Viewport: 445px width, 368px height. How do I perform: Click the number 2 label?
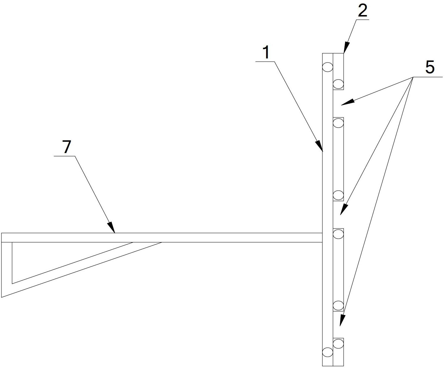(x=363, y=11)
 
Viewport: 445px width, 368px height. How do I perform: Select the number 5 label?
(x=430, y=67)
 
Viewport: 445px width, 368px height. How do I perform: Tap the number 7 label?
(x=67, y=147)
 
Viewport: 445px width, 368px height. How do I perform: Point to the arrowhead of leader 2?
(x=346, y=48)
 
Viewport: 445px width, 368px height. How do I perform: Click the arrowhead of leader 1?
(x=320, y=146)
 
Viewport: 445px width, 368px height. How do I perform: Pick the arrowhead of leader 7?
(x=112, y=227)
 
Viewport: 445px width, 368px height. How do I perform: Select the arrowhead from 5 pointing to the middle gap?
(x=344, y=209)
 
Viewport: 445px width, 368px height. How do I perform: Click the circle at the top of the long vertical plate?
(x=327, y=67)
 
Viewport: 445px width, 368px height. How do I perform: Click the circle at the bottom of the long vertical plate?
(x=327, y=352)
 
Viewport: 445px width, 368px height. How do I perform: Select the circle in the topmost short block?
(x=338, y=84)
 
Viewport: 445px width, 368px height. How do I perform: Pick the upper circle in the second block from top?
(x=338, y=123)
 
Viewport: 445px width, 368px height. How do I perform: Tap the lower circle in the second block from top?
(x=338, y=195)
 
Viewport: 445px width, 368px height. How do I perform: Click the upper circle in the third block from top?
(x=338, y=234)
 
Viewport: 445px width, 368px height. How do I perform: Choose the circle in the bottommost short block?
(x=338, y=344)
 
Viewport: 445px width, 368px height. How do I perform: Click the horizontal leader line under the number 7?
(x=64, y=156)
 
